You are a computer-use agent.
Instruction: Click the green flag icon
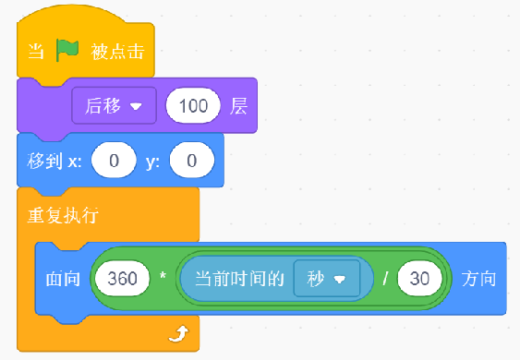pos(67,50)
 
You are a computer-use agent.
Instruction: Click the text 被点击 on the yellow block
pos(117,52)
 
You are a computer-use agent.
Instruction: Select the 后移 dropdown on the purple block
pos(114,106)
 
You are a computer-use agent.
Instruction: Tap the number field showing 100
pos(193,106)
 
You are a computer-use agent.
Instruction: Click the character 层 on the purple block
pos(239,106)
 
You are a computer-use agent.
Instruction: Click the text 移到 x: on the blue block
pos(54,162)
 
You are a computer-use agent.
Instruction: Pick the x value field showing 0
pos(114,161)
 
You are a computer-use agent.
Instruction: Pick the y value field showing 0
pos(192,161)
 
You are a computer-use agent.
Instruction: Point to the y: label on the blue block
pos(153,162)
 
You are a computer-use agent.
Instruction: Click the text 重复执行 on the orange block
pos(63,215)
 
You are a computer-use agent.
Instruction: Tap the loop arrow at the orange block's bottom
pos(179,333)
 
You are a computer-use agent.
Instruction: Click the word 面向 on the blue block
pos(63,279)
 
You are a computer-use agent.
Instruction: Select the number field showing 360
pos(122,279)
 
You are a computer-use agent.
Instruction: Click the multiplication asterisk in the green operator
pos(163,275)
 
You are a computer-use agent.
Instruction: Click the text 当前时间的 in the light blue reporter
pos(239,279)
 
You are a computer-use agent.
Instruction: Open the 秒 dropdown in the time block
pos(327,279)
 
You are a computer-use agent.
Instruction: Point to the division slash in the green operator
pos(385,279)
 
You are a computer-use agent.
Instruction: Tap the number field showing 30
pos(420,279)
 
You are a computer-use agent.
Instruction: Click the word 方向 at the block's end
pos(478,279)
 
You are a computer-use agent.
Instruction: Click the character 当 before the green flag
pos(36,52)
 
